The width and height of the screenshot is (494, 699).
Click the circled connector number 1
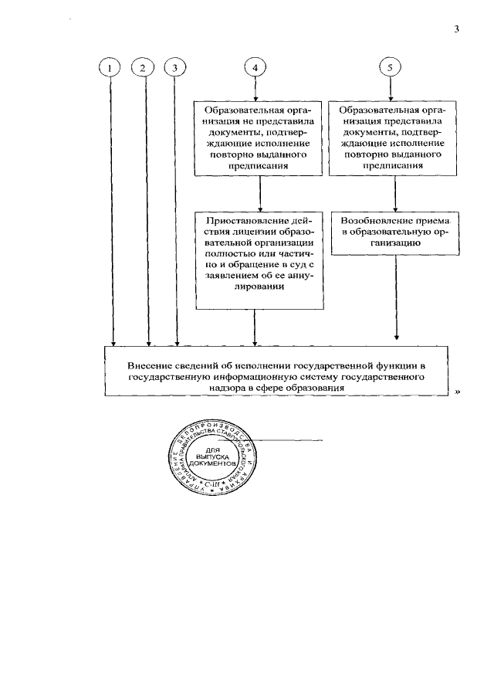[x=113, y=68]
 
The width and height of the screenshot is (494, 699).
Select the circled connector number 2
[x=144, y=68]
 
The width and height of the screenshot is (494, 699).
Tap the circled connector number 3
[x=176, y=68]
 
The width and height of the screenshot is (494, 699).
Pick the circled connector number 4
[x=255, y=68]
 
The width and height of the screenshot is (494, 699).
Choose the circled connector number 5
[x=391, y=68]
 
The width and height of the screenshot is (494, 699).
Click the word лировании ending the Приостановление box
[x=259, y=287]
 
